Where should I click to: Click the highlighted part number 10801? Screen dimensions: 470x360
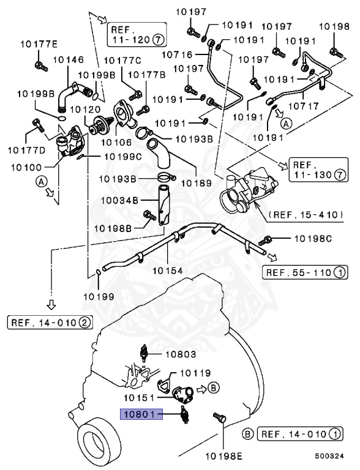[x=140, y=414]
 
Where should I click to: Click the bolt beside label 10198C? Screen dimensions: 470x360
[x=266, y=238]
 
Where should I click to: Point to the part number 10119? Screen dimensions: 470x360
[x=194, y=372]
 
